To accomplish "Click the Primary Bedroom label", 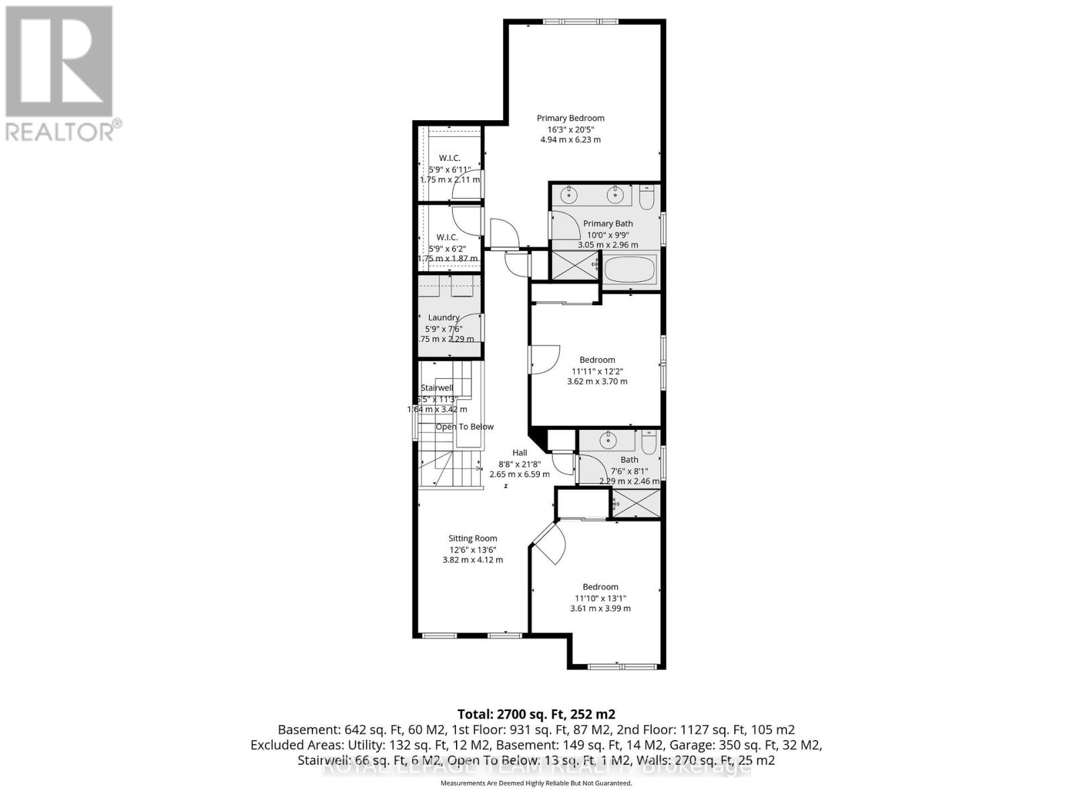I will pos(570,118).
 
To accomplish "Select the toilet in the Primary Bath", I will pos(646,199).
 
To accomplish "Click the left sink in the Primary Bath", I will pos(569,195).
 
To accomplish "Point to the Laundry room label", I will pos(444,317).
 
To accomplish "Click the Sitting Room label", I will pos(473,538).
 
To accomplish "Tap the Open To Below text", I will pos(465,427).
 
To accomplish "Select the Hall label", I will pos(520,453).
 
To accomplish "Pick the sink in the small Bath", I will pos(608,441).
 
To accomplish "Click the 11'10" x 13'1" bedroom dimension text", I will pos(600,598).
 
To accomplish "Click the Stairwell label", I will pos(437,388).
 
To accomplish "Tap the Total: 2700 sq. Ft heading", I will pos(536,714).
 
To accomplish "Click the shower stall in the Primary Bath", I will pos(575,266).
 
